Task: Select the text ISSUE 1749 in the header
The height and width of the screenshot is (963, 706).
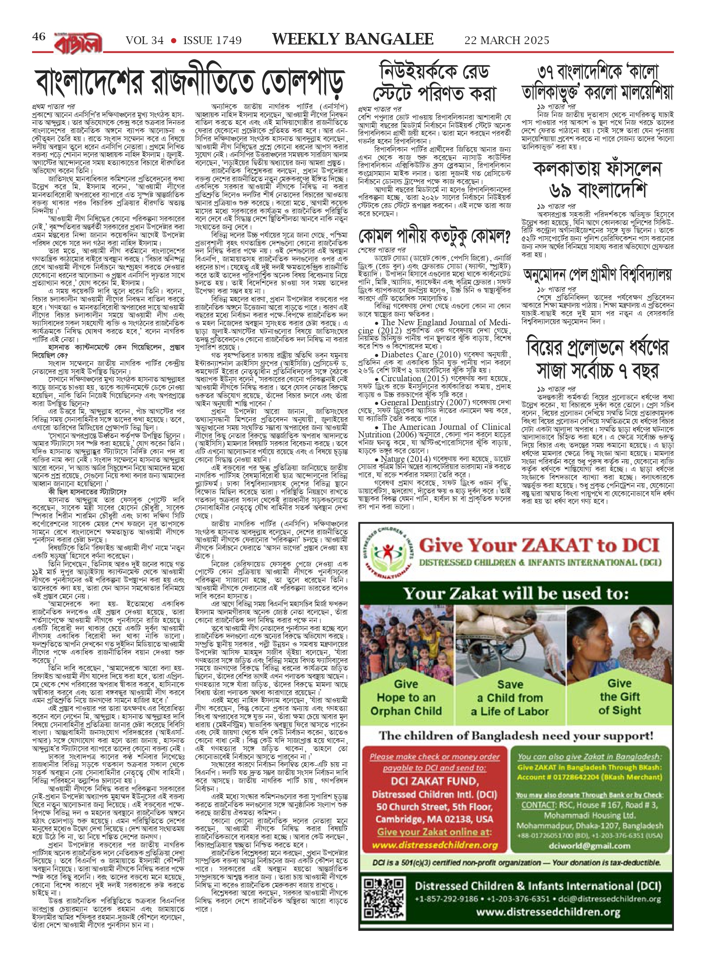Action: pos(212,41)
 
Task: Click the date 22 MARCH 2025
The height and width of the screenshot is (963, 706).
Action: pos(507,41)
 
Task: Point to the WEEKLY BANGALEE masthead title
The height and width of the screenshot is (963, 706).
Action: pos(353,39)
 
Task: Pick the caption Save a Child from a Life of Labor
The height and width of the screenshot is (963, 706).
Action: pos(510,698)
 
